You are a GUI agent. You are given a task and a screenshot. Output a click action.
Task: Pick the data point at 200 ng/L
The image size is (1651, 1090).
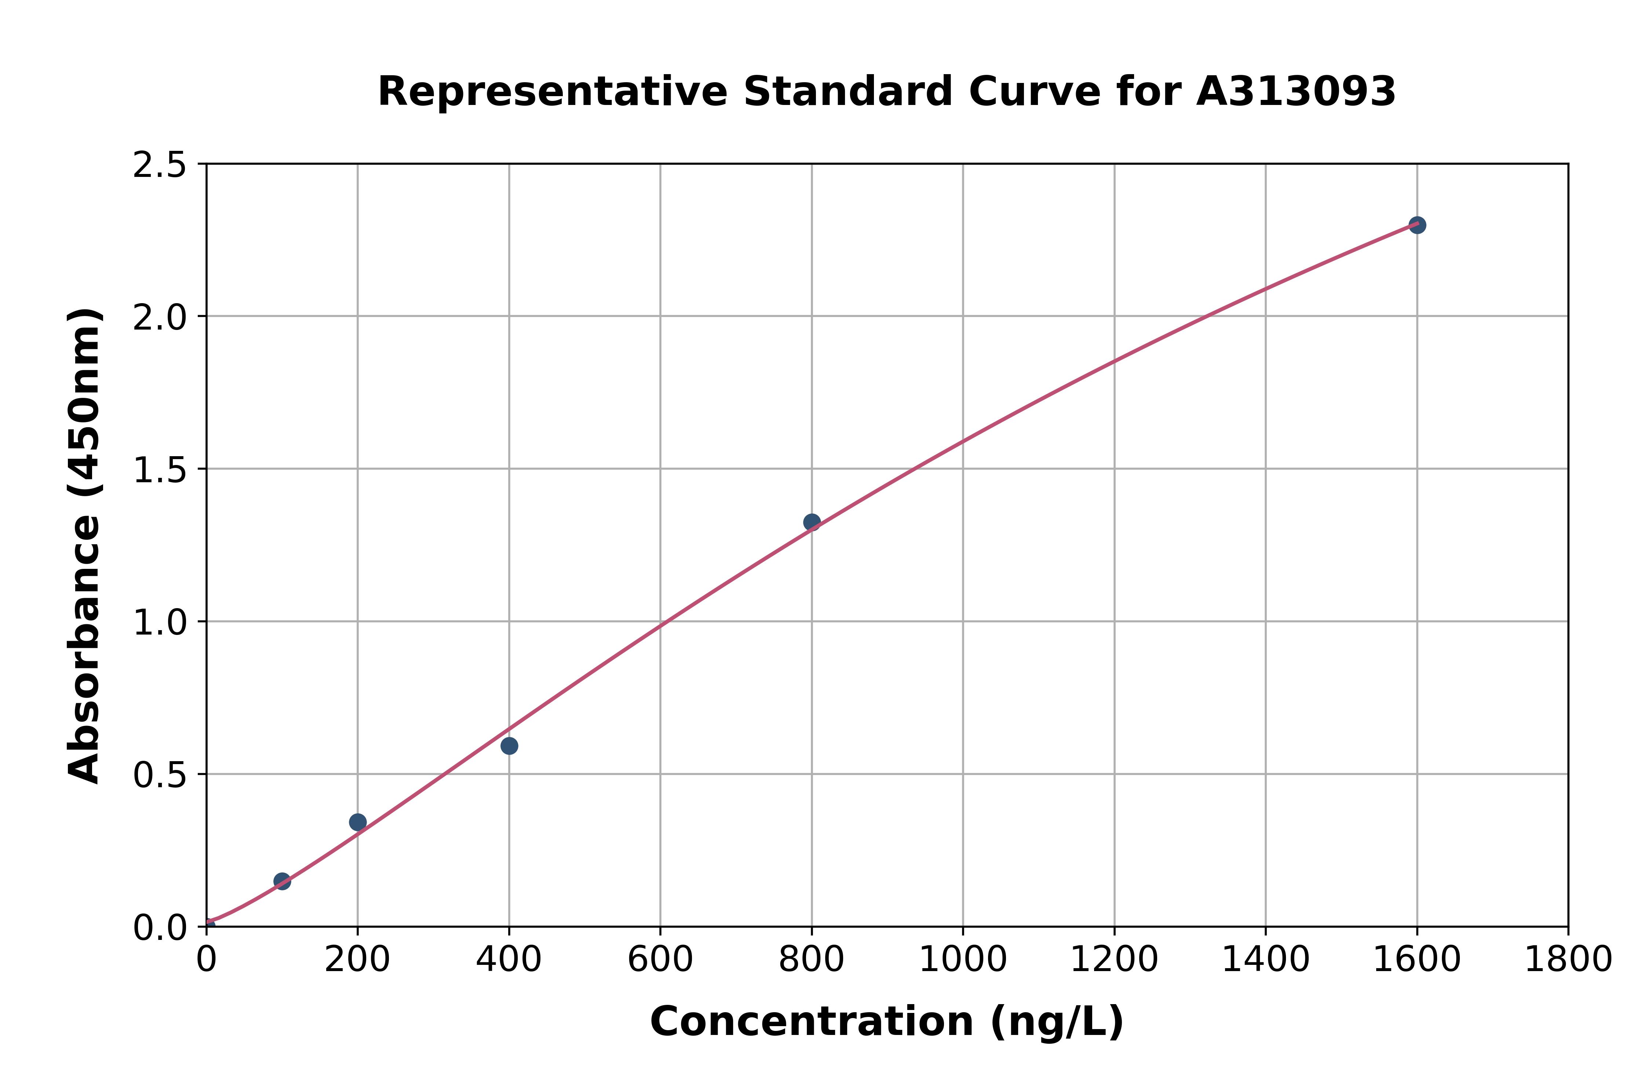click(358, 822)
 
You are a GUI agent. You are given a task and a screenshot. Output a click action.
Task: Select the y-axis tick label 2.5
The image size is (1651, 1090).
click(160, 166)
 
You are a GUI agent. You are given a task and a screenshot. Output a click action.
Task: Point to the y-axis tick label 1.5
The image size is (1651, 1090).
click(160, 470)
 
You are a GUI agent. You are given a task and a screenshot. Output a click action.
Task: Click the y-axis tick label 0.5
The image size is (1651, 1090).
click(160, 775)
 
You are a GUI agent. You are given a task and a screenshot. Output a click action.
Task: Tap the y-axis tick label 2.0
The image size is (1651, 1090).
click(160, 318)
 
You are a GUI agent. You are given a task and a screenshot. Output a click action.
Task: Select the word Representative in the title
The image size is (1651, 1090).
click(553, 92)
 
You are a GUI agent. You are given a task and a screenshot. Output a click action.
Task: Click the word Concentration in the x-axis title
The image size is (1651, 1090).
click(812, 1022)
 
